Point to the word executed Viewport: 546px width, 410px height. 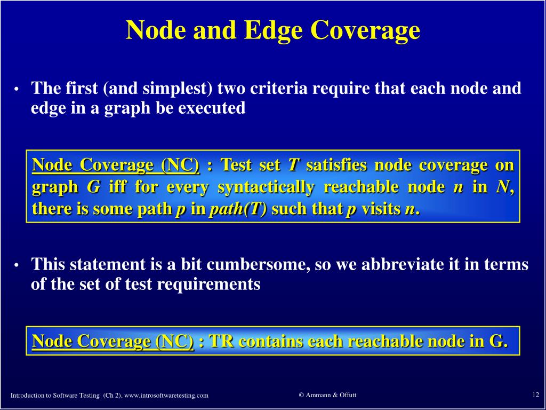[212, 108]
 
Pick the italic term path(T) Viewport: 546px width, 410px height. [238, 209]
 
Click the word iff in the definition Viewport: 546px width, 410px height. [117, 187]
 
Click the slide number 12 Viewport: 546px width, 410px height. [535, 395]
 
